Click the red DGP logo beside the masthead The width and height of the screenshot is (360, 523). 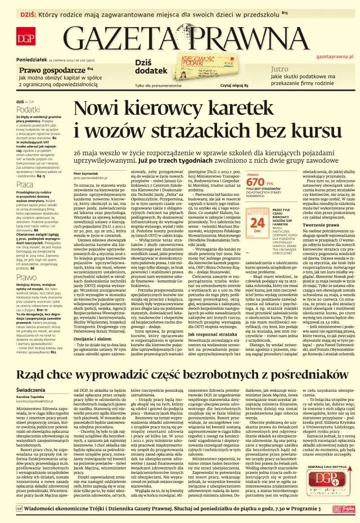(x=25, y=39)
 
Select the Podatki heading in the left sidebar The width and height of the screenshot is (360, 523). (x=28, y=109)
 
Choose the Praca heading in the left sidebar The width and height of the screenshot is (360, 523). (x=25, y=184)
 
